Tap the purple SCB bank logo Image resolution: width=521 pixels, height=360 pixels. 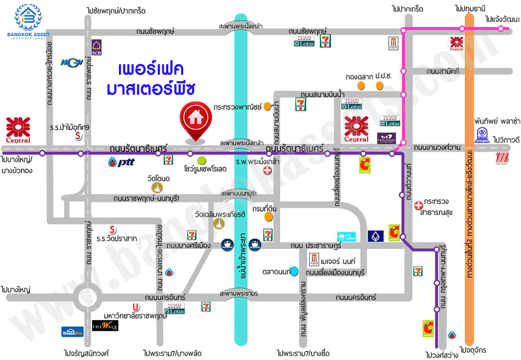point(97,48)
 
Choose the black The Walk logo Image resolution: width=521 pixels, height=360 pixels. point(104,326)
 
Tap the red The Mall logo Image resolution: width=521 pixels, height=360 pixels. point(503,159)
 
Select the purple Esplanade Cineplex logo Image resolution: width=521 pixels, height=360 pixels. point(386,138)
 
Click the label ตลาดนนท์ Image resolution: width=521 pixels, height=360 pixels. point(275,272)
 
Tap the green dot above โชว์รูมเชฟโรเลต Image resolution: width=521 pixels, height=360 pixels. point(202,160)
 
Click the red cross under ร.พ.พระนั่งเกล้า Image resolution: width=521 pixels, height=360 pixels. point(268,171)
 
